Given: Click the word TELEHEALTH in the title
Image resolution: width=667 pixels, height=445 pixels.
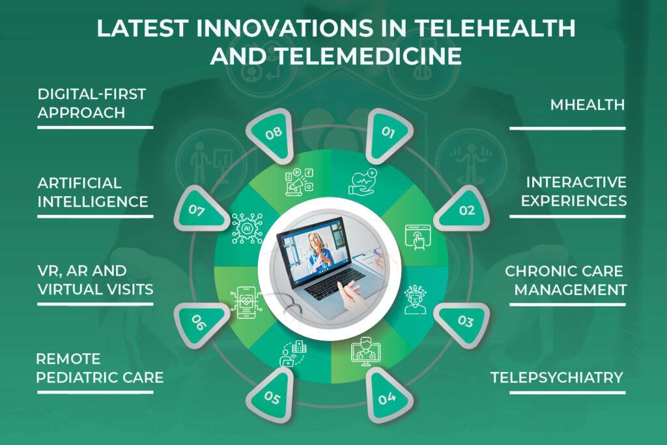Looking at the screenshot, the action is (495, 29).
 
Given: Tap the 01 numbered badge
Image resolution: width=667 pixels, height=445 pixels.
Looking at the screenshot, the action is (389, 136).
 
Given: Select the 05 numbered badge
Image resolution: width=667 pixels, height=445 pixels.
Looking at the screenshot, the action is (272, 395).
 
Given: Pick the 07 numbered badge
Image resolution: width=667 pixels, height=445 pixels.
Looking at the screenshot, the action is (200, 209).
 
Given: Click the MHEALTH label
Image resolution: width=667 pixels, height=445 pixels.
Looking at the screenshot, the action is (588, 105).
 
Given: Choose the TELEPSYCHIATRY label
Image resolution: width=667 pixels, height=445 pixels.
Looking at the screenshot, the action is (557, 377).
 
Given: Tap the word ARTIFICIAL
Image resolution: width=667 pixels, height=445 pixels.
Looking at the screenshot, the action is (79, 183).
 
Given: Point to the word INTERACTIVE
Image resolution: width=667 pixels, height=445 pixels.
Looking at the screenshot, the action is (576, 182).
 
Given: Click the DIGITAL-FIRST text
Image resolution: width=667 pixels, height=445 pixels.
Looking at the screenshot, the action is (92, 94).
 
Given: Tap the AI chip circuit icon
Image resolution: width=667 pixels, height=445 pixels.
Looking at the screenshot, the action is (247, 229).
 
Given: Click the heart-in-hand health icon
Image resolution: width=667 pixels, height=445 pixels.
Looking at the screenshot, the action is (362, 182).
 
